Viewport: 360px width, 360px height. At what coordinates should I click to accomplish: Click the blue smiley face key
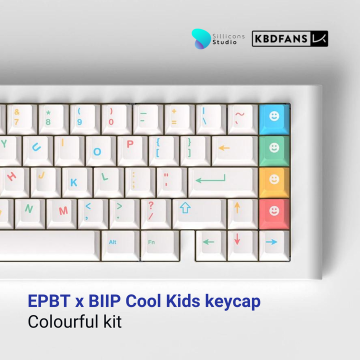click(274, 118)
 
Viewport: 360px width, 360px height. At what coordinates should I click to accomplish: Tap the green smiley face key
click(274, 149)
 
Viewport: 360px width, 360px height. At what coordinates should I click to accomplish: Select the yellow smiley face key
click(274, 180)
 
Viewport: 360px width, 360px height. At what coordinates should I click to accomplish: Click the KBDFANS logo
click(290, 38)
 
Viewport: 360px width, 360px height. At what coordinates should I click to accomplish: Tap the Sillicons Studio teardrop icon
click(202, 38)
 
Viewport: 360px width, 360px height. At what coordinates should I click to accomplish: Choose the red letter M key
click(63, 211)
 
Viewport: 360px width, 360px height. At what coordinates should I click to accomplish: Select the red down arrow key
click(238, 242)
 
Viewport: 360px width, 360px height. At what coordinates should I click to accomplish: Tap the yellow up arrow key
click(238, 210)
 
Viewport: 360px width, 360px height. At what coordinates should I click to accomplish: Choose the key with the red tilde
click(240, 118)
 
